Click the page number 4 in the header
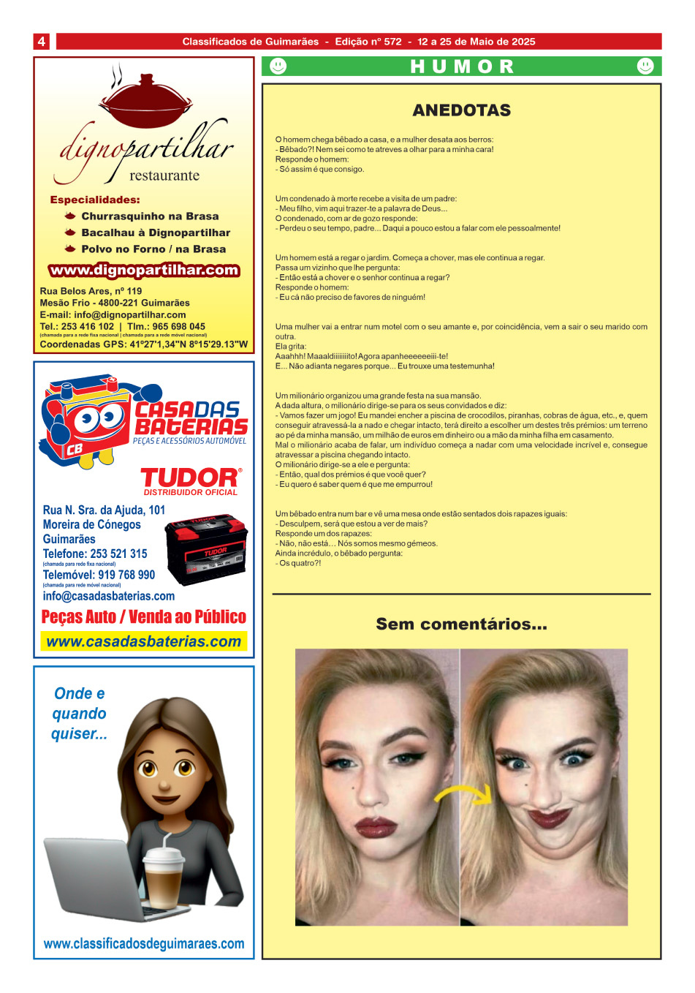point(41,42)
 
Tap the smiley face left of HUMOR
point(278,67)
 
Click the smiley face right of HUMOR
point(645,67)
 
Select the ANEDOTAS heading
point(461,110)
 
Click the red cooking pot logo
point(145,102)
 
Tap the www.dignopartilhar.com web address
point(144,271)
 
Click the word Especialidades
point(95,200)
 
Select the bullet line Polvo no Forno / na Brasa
point(153,249)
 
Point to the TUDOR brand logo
point(190,477)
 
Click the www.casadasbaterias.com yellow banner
point(143,642)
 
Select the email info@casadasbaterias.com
point(109,596)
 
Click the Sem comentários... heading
point(461,624)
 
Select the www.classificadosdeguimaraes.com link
point(144,944)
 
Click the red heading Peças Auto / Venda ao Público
point(144,617)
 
